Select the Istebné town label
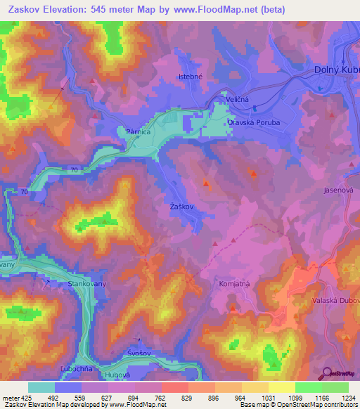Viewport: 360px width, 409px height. tap(191, 77)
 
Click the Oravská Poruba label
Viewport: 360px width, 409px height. tap(253, 122)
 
